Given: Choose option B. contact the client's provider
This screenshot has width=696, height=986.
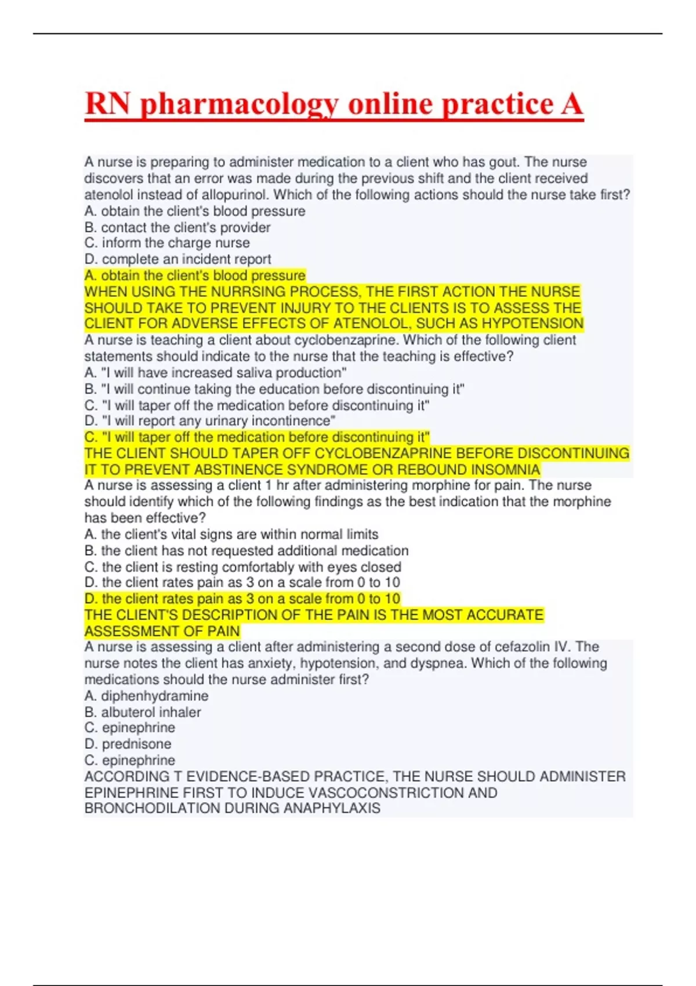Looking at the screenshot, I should (x=177, y=227).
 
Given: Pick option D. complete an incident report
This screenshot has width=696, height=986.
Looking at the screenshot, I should (x=177, y=259).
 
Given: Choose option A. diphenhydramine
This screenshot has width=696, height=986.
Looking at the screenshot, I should (x=146, y=696).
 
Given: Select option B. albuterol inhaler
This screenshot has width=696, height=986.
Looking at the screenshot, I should (x=143, y=712).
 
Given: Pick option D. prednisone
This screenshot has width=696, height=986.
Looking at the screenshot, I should (x=128, y=744).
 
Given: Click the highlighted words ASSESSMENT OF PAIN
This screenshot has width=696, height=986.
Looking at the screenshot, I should (x=162, y=631).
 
